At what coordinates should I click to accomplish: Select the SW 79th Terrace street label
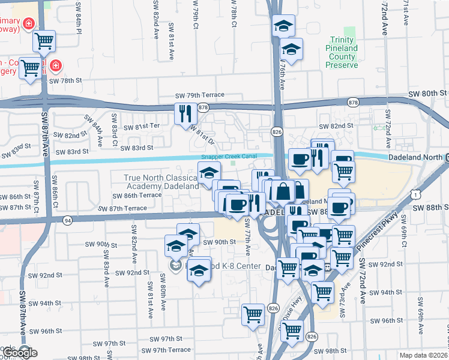pos(199,95)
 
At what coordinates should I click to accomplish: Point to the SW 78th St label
pos(65,80)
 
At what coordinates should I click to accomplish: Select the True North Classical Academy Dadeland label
pos(160,182)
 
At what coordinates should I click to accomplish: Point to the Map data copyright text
pos(423,355)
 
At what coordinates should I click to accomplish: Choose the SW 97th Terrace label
pos(163,350)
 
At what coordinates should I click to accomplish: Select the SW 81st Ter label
pos(142,127)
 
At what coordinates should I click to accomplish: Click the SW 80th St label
pos(428,94)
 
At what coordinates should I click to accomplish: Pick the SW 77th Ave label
pos(248,238)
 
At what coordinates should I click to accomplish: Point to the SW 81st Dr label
pos(202,133)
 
